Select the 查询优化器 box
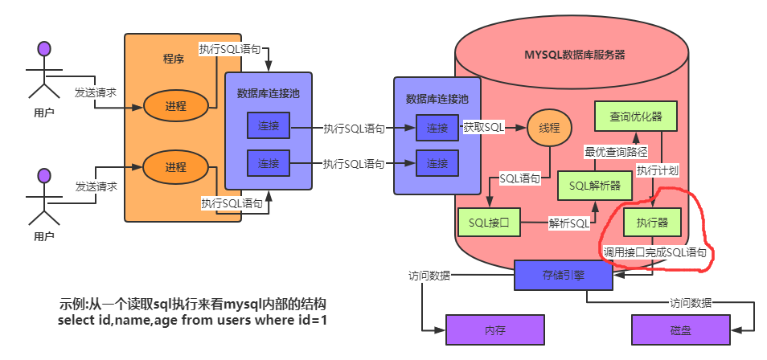coord(630,117)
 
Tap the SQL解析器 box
coord(595,186)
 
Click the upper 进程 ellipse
coord(176,106)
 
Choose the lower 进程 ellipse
coord(176,167)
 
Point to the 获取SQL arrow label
coord(483,128)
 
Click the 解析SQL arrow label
coord(569,222)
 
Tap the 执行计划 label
coord(658,170)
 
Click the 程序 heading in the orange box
coord(174,59)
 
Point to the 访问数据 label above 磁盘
coord(691,303)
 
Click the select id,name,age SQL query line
coord(192,321)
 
